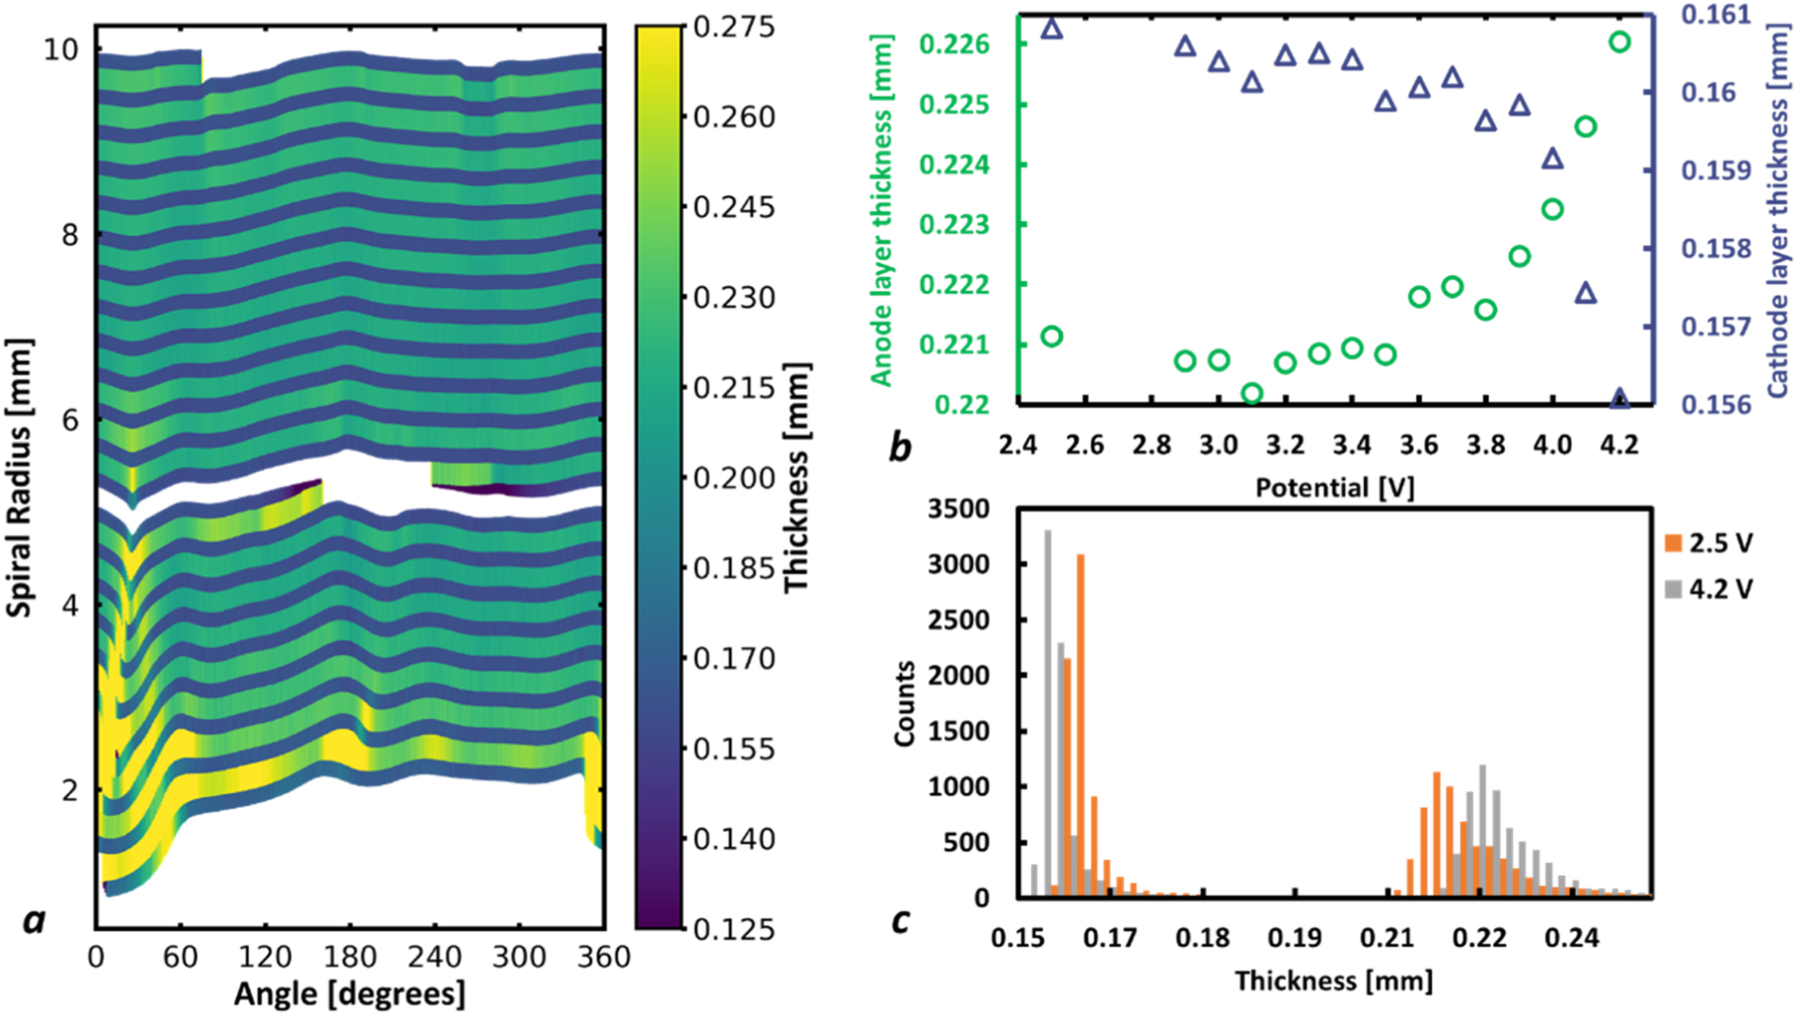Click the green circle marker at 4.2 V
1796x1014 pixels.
click(x=1619, y=41)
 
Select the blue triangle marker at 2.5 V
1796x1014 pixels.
click(x=1052, y=29)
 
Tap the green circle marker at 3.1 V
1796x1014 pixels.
click(x=1252, y=393)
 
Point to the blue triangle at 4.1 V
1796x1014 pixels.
click(x=1586, y=293)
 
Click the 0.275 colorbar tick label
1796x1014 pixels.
click(x=734, y=27)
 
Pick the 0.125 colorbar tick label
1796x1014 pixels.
click(x=734, y=928)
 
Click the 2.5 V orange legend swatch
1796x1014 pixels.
click(x=1673, y=543)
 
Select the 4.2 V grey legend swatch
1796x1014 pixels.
click(x=1673, y=589)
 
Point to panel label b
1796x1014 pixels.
click(x=899, y=447)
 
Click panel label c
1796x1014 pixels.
click(x=899, y=919)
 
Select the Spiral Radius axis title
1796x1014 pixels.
click(x=20, y=477)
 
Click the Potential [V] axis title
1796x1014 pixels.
click(x=1334, y=487)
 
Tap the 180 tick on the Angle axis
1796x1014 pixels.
click(x=350, y=957)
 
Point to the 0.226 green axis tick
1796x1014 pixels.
click(x=953, y=44)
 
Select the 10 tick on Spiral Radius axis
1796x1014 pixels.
click(x=60, y=48)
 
